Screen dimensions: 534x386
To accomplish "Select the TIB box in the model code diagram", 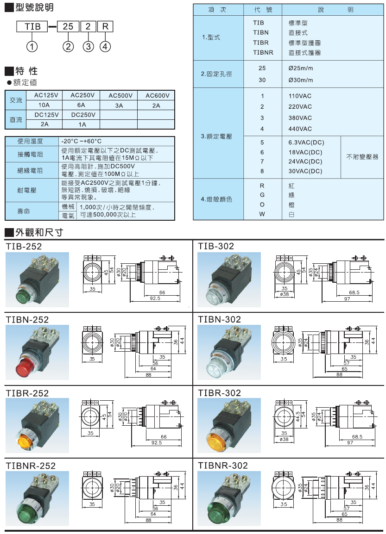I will point(32,26).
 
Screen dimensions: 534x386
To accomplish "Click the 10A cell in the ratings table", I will point(44,106).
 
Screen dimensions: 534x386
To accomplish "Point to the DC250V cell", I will point(82,115).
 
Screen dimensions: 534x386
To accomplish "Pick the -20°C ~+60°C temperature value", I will point(82,141).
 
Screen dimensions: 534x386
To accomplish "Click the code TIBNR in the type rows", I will point(262,53).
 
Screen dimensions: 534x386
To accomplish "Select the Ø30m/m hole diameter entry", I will point(300,80).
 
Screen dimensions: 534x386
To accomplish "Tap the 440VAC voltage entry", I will point(300,129).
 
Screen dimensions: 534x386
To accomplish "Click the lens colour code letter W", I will point(262,214).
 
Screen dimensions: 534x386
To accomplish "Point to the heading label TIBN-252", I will point(27,319).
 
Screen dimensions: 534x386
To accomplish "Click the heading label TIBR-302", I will point(219,393).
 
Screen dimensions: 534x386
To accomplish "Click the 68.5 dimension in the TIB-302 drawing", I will point(354,292).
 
